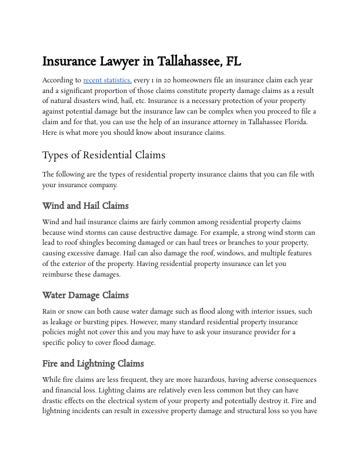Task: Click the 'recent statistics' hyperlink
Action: coord(107,80)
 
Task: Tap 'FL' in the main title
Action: coord(230,61)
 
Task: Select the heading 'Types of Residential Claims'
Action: coord(104,155)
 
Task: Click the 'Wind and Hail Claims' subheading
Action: coord(85,206)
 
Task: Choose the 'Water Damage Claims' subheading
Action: coord(85,295)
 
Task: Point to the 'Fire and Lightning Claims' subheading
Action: coord(93,363)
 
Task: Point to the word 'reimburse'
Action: coord(59,275)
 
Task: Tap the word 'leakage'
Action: coord(65,321)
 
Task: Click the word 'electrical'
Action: coord(136,401)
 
